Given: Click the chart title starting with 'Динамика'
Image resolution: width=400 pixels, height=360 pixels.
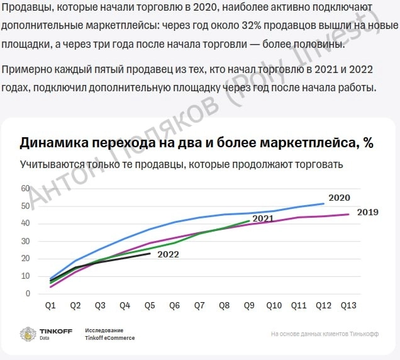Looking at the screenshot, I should click(196, 143).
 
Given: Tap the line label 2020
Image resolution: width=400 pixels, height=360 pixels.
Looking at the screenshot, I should click(339, 198).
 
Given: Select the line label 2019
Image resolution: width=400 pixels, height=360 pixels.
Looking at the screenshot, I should click(367, 212).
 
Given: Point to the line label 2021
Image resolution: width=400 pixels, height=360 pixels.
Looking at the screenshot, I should click(262, 218).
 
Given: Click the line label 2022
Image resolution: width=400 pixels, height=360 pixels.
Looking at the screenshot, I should click(168, 254).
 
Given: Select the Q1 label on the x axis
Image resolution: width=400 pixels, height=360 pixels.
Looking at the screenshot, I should click(51, 306).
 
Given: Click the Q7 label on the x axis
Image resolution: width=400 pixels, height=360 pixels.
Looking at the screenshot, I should click(199, 306).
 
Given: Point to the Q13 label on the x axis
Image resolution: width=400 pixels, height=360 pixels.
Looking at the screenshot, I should click(348, 306).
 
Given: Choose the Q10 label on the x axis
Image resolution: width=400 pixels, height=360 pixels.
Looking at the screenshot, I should click(274, 306).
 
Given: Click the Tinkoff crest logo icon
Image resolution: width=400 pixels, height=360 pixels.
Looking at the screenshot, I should click(28, 334).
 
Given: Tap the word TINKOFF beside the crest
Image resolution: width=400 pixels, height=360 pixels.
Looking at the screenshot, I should click(55, 330).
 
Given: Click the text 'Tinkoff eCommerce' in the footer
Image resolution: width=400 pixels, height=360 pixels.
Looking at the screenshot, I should click(109, 338).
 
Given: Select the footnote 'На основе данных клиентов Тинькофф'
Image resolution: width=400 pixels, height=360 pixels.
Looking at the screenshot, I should click(325, 334).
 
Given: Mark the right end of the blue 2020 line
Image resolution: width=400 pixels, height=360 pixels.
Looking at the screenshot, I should click(324, 203).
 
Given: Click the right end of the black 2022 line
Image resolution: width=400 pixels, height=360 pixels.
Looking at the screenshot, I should click(150, 253).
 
